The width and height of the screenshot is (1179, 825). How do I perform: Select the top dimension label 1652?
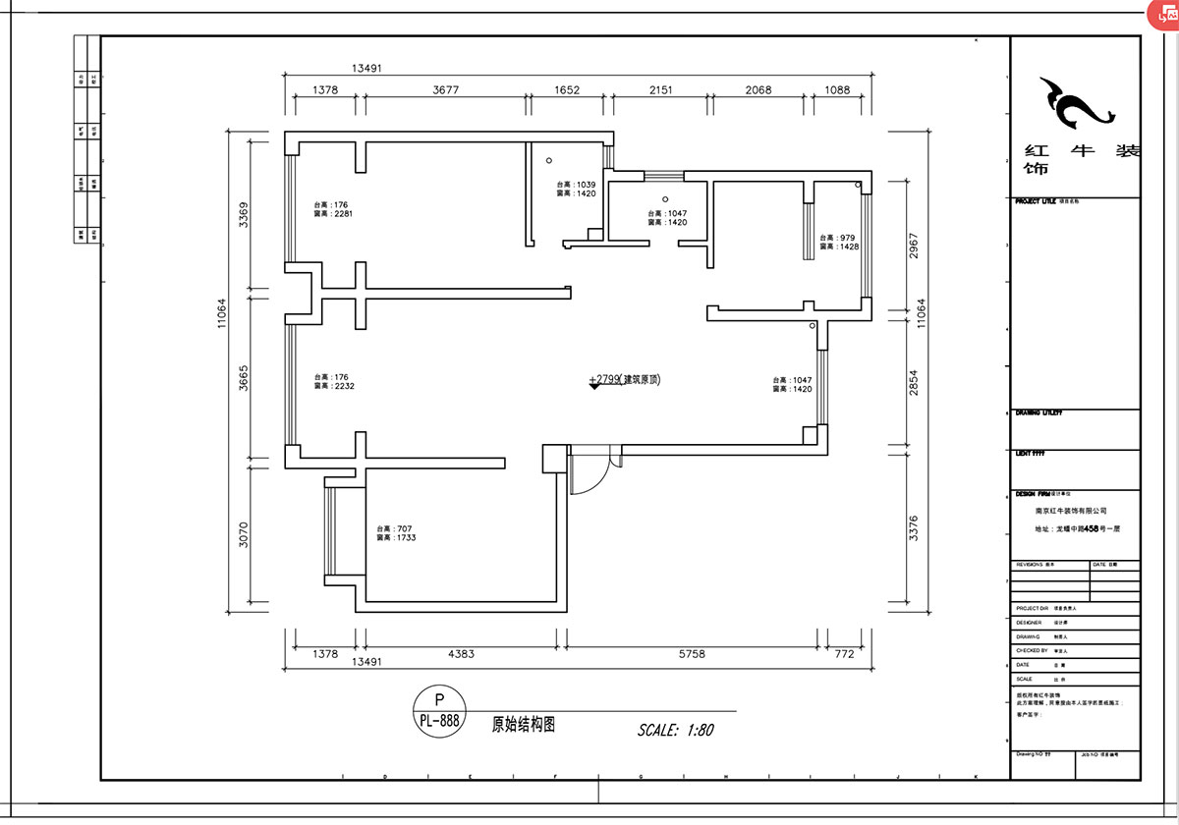pos(567,89)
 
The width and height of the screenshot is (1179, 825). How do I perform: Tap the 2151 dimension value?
pos(660,89)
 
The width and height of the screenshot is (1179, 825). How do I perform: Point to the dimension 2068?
pos(758,89)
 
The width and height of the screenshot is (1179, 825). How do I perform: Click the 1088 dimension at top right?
pos(837,89)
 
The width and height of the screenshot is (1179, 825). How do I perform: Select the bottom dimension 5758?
pos(692,653)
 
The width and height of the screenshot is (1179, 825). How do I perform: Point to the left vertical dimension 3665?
pos(243,378)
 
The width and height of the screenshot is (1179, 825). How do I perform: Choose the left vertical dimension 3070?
pos(243,535)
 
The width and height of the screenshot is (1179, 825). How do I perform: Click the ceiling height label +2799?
pos(604,379)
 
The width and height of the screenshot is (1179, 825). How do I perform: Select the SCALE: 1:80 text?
pos(675,730)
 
